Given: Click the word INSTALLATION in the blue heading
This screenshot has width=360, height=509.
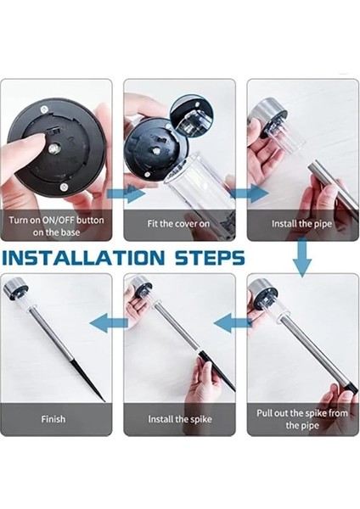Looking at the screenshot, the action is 83,258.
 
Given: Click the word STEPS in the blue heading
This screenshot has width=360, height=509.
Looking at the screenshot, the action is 210,258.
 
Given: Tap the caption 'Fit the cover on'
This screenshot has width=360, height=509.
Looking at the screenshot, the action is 178,224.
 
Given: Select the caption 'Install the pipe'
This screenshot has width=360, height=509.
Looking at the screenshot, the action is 302,224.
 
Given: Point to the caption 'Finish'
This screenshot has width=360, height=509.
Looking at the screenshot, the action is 53,419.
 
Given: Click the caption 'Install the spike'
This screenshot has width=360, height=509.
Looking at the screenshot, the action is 180,419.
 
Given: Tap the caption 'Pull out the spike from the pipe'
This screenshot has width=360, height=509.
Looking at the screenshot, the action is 302,419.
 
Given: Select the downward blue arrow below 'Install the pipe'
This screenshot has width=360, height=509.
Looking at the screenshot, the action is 302,257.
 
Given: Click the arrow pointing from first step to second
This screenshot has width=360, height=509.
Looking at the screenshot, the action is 126,194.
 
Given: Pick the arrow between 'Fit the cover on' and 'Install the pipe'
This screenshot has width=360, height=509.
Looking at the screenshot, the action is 250,194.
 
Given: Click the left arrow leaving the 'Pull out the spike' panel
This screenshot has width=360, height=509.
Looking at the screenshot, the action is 233,324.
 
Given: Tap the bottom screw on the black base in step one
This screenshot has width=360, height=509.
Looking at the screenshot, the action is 64,187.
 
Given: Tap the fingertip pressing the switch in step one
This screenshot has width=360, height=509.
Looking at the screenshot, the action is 37,140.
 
